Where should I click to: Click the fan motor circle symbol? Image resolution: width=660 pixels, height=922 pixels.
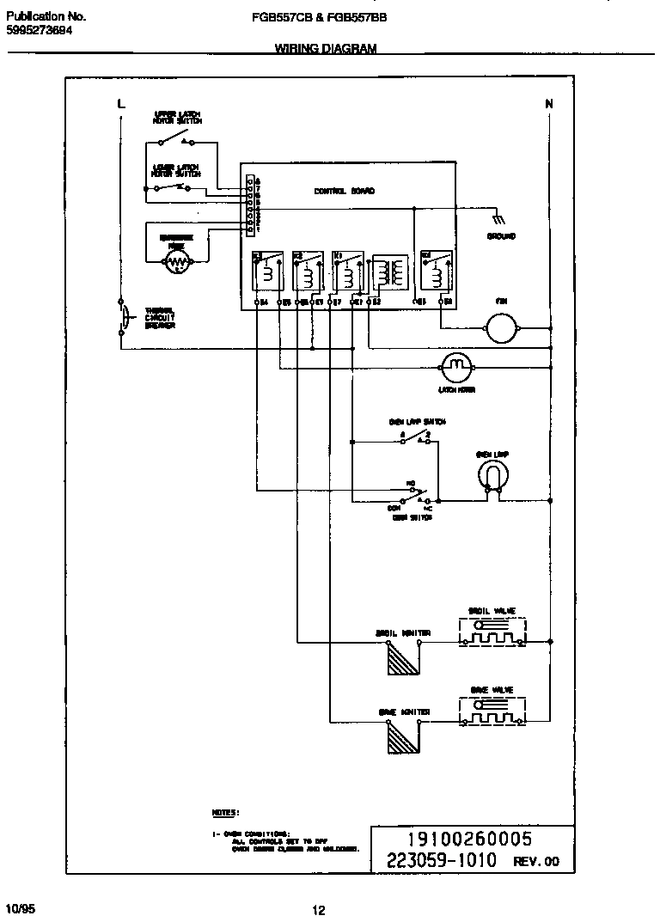click(499, 328)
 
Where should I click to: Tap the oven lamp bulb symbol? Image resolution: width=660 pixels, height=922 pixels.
click(492, 475)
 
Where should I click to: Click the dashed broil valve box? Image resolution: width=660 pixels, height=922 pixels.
click(492, 632)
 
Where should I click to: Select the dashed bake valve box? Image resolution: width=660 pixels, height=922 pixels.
click(492, 711)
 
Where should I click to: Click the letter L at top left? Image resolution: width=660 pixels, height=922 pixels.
click(120, 104)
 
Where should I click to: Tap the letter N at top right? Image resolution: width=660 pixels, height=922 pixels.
click(549, 104)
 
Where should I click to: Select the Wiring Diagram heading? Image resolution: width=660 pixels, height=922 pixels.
click(325, 50)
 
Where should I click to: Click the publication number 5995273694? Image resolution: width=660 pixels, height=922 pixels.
click(40, 30)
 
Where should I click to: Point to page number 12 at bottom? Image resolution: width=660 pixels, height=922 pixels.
click(319, 911)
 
